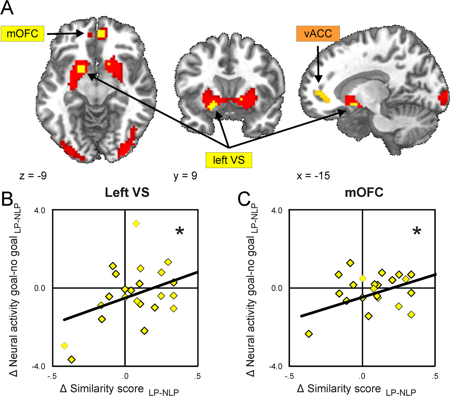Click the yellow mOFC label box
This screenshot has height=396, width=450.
pyautogui.click(x=22, y=34)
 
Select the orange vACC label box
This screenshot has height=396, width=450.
pyautogui.click(x=318, y=34)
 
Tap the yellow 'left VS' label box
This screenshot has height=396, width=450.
pyautogui.click(x=229, y=160)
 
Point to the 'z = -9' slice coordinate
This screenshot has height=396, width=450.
pyautogui.click(x=33, y=176)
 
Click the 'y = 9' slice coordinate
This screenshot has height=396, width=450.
pyautogui.click(x=185, y=176)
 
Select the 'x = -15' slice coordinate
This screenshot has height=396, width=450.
pyautogui.click(x=313, y=176)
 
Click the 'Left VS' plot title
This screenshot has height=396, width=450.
pyautogui.click(x=127, y=192)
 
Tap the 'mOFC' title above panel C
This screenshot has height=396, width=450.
pyautogui.click(x=364, y=192)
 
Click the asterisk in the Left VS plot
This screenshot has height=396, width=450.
pyautogui.click(x=180, y=231)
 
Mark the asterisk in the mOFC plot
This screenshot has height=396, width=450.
pyautogui.click(x=417, y=231)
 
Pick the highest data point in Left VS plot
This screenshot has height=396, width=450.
pyautogui.click(x=136, y=223)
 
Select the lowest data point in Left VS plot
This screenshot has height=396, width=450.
pyautogui.click(x=71, y=360)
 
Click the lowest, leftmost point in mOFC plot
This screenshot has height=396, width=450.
pyautogui.click(x=309, y=334)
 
